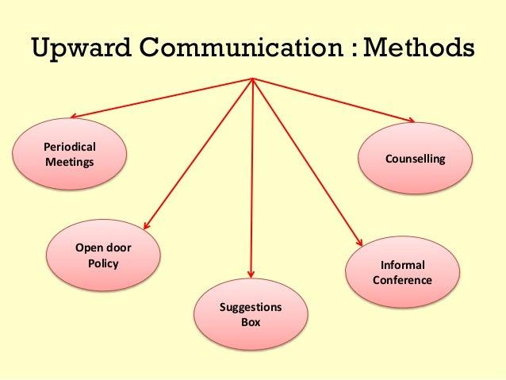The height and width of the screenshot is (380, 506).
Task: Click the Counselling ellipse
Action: coord(415,159)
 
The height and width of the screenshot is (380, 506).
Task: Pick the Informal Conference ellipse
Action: coord(403,272)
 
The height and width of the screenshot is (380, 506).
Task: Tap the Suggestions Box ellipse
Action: coord(251,315)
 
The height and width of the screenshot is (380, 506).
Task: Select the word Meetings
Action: coord(69,162)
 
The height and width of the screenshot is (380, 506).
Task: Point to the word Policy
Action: coord(103,263)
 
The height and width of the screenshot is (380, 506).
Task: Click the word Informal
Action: coord(403,265)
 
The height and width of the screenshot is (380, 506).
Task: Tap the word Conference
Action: coord(402,280)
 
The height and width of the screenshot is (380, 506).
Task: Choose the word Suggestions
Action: coord(251,308)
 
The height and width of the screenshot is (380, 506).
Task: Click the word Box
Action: coord(251,323)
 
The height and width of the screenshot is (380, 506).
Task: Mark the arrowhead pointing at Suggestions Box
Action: coord(251,274)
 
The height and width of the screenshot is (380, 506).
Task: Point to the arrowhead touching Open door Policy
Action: coord(147,226)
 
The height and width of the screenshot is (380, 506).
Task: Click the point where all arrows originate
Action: coord(252,78)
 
